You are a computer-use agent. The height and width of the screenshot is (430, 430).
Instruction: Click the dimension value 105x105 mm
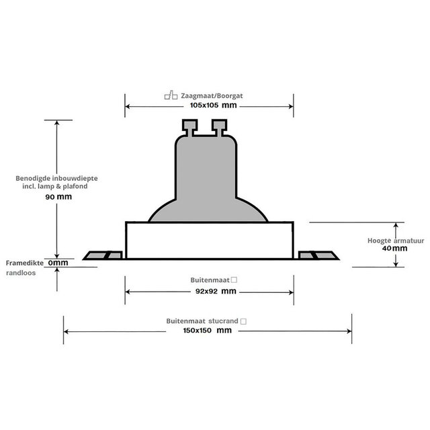coord(213,106)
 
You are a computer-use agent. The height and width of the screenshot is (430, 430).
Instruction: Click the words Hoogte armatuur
coord(389,240)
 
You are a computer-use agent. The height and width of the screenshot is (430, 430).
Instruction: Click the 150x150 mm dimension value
coord(208,331)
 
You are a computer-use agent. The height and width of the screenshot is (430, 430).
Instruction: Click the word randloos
coord(19,273)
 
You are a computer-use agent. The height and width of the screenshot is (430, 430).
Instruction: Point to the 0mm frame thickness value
coord(59,263)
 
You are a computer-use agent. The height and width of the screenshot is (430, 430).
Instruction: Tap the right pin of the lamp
coord(220,126)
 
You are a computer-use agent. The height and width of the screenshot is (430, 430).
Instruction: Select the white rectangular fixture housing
coord(209,240)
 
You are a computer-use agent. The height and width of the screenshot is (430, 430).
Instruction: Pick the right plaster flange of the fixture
coord(317,255)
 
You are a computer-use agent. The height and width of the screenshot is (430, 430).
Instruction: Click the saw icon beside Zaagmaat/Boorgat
coord(170,96)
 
